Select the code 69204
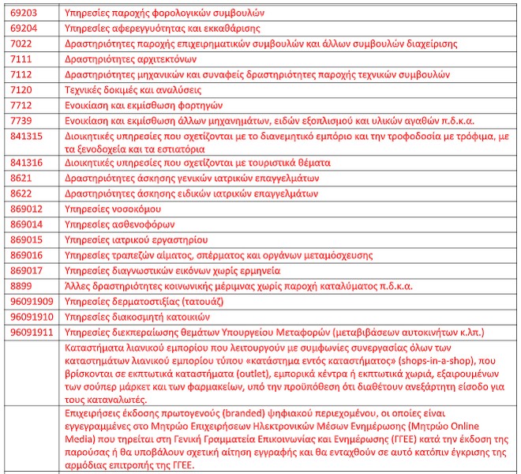point(24,28)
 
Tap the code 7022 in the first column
point(21,43)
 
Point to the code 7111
point(21,58)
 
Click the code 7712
point(21,105)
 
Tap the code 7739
point(21,120)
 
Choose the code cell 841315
point(27,136)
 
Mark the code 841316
point(27,162)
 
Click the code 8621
point(21,178)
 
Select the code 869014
point(27,224)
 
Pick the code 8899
point(21,285)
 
